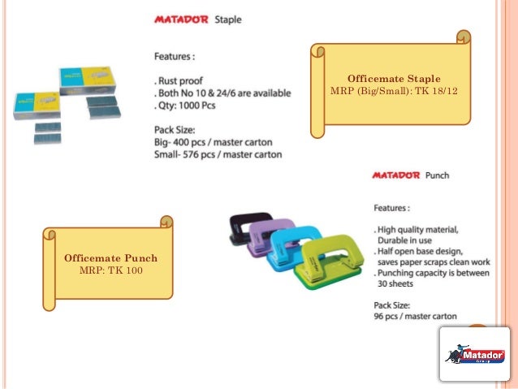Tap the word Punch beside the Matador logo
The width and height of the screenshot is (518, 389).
click(x=437, y=175)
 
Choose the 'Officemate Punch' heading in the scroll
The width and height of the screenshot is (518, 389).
click(x=110, y=258)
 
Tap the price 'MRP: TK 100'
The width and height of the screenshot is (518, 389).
click(x=110, y=270)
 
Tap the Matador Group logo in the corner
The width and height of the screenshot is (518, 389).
click(x=475, y=354)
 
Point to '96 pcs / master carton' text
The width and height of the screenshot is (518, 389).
click(x=415, y=315)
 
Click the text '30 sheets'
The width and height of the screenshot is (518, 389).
click(x=395, y=284)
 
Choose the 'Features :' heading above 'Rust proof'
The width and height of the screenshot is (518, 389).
click(x=175, y=57)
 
